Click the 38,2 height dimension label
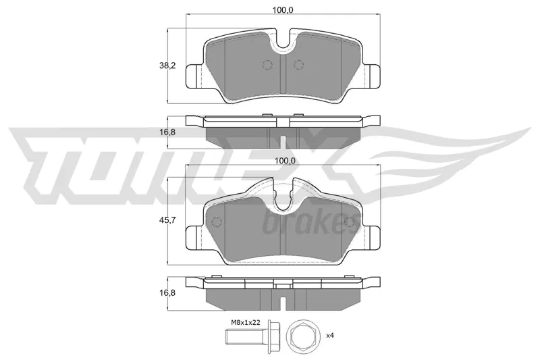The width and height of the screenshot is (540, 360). point(167,66)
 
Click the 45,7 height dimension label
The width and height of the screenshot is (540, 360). point(167,220)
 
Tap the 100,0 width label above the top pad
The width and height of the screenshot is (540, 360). point(282,10)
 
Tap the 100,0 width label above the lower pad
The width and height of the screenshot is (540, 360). point(282,161)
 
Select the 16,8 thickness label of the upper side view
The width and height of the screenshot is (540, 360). point(167,132)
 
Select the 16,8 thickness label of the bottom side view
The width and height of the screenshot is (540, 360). point(167,293)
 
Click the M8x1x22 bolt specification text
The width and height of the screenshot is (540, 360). point(246,322)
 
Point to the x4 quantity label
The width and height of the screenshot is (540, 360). point(329,335)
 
